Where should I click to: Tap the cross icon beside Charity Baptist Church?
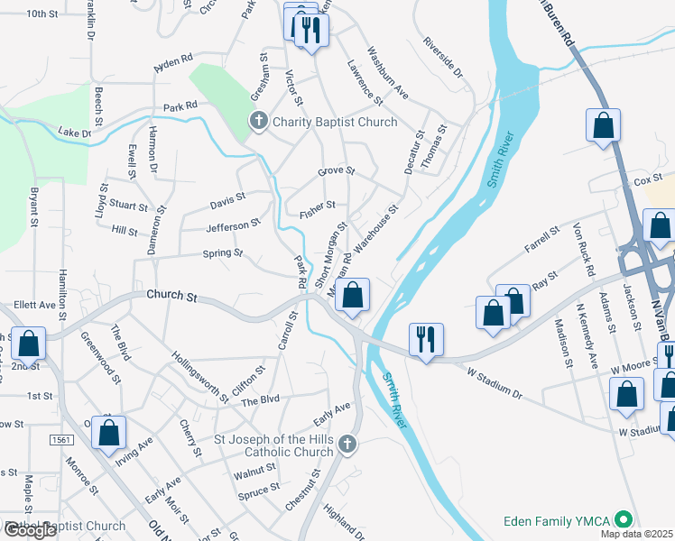[x=259, y=121]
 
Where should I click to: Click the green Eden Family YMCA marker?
[x=622, y=520]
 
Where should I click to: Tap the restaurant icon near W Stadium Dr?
[x=423, y=339]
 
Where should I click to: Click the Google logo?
[x=30, y=530]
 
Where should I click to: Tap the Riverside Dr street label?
[x=442, y=60]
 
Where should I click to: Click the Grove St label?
[x=336, y=171]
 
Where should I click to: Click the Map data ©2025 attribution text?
[x=636, y=534]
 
